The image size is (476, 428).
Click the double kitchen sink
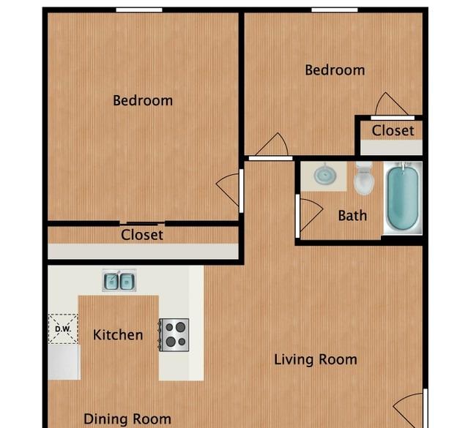(x=119, y=281)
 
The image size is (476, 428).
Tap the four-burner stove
(x=174, y=335)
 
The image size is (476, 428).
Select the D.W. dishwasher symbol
(x=63, y=329)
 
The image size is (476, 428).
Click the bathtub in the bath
(x=403, y=198)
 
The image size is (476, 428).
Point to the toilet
(x=364, y=179)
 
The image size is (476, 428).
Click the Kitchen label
(x=118, y=335)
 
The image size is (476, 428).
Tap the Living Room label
(x=316, y=359)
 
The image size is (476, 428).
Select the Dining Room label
(x=127, y=419)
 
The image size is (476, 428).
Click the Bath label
(x=352, y=216)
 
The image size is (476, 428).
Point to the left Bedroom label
(x=143, y=100)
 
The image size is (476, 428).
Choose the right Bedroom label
(x=335, y=70)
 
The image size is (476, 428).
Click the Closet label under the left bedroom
(x=142, y=235)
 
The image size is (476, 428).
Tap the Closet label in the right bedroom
(x=393, y=131)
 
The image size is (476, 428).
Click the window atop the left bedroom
(x=139, y=10)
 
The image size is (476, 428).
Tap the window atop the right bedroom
(x=335, y=10)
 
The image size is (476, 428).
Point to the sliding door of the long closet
(x=142, y=224)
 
